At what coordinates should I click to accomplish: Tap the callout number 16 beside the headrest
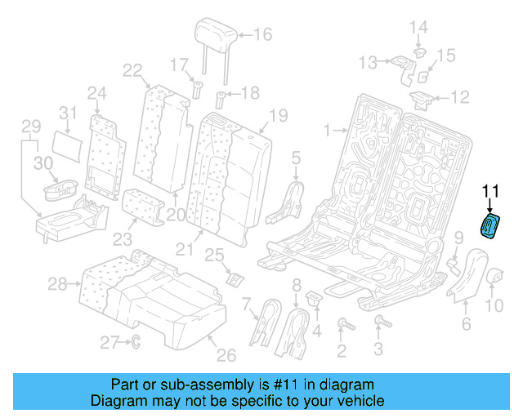tap(262, 34)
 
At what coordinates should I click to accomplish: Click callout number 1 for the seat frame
tap(327, 129)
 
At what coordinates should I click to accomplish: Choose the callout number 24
tap(97, 92)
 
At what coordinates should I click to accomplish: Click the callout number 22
tap(132, 70)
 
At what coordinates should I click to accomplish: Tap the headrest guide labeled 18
tap(220, 102)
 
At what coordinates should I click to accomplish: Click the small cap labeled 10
tap(495, 279)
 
